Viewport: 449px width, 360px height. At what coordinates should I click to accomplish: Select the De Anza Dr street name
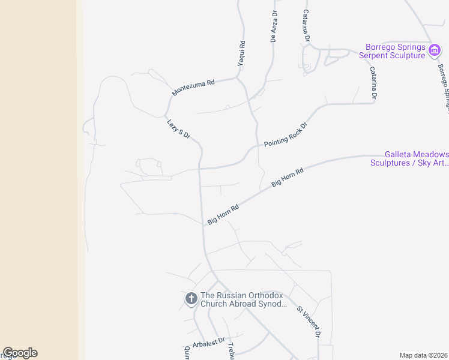point(274,26)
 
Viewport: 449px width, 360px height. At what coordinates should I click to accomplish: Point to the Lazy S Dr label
point(178,128)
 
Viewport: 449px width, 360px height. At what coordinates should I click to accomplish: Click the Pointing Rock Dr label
point(285,135)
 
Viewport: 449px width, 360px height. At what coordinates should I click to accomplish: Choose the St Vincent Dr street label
point(309,322)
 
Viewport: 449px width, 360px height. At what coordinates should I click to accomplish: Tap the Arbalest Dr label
point(208,341)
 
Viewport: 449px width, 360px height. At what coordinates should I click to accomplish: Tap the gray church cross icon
point(191,298)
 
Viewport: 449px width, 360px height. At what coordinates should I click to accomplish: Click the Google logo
point(20,353)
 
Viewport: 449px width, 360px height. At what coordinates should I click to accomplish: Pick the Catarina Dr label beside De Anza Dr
point(306,25)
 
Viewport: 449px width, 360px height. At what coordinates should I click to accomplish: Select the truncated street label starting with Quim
point(187,352)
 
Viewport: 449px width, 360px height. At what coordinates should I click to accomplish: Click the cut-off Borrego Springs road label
point(443,87)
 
